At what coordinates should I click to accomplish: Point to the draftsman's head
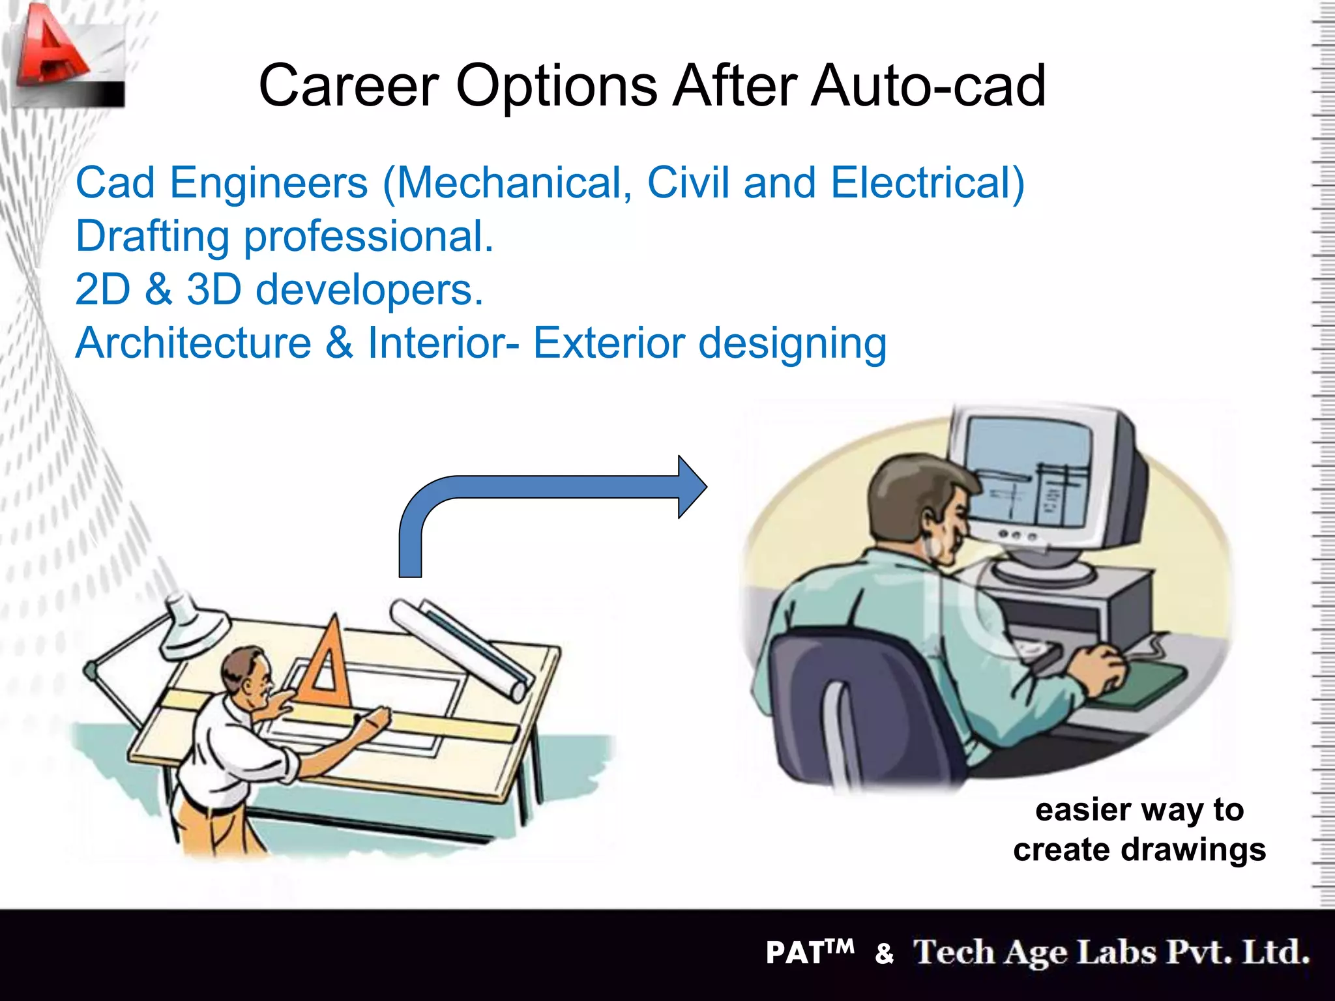[245, 671]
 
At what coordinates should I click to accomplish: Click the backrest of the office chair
[847, 704]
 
